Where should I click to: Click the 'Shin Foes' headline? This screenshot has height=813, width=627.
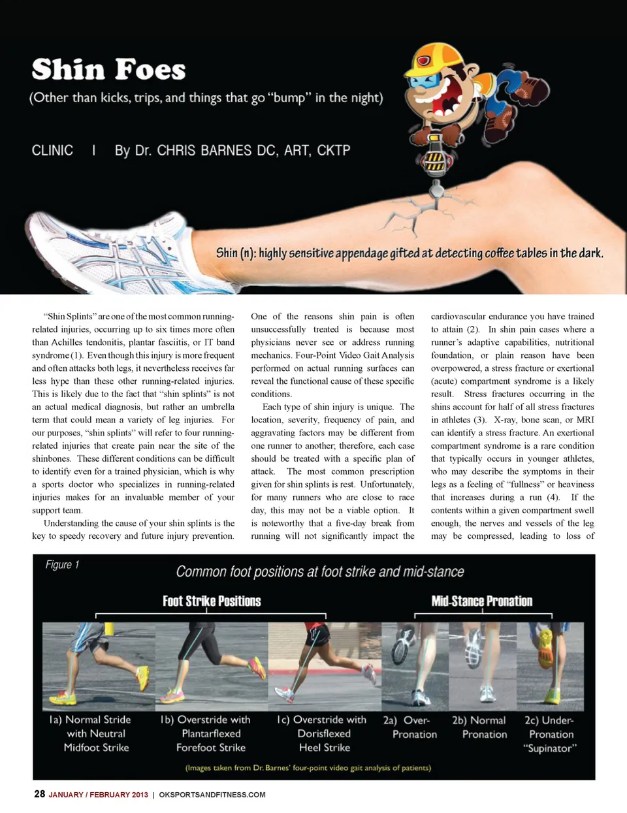tap(108, 70)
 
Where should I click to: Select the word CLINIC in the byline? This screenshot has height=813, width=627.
tap(52, 150)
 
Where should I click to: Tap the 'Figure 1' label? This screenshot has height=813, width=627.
tap(62, 565)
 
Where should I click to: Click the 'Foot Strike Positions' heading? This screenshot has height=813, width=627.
tap(212, 601)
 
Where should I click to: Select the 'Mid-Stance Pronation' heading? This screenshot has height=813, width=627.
tap(481, 601)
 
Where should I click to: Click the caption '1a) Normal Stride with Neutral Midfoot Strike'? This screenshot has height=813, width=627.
tap(97, 733)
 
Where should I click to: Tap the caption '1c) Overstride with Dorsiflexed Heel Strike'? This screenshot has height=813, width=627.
tap(324, 733)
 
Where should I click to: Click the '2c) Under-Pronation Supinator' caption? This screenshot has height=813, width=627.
tap(551, 734)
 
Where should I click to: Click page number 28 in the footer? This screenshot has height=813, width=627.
tap(39, 794)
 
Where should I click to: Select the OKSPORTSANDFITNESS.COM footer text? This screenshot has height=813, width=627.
tap(212, 795)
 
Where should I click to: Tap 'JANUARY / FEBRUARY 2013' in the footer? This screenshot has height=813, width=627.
tap(99, 795)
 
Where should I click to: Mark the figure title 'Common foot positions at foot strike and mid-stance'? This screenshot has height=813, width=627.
tap(320, 572)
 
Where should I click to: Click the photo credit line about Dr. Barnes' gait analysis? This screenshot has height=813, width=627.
tap(308, 768)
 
